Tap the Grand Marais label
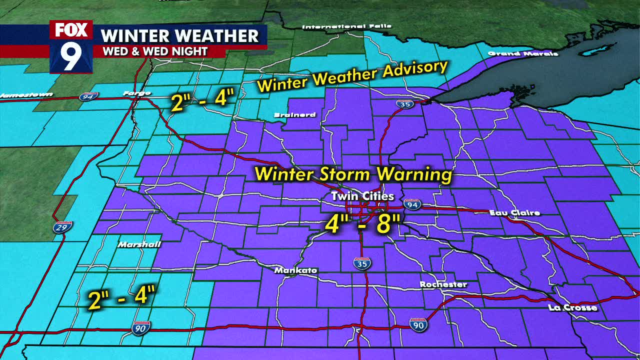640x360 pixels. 522,53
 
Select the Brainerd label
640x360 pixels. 295,115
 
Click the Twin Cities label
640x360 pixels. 362,196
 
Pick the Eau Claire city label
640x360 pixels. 514,213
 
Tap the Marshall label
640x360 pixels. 139,244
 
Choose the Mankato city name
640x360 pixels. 296,270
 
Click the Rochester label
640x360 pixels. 443,284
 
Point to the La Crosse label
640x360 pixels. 572,307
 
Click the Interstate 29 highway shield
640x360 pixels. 60,227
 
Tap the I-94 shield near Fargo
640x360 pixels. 88,96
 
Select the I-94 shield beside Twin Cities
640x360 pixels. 412,203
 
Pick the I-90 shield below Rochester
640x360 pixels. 418,324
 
